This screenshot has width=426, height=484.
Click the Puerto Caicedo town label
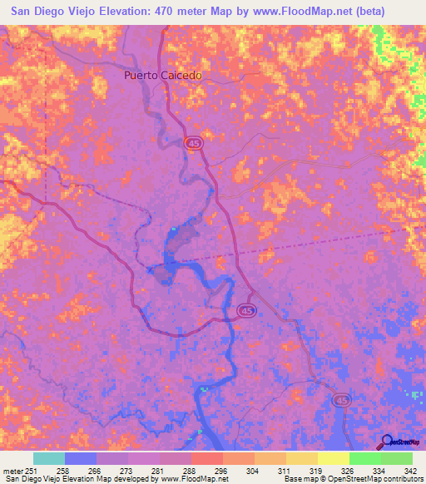coord(163,75)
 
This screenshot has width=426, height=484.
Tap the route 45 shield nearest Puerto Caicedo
coord(193,144)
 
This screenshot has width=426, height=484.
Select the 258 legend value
coord(63,469)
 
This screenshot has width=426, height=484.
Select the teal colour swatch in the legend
coord(48,458)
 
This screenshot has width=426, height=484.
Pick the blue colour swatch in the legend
coord(80,458)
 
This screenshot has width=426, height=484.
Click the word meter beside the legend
coord(12,469)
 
